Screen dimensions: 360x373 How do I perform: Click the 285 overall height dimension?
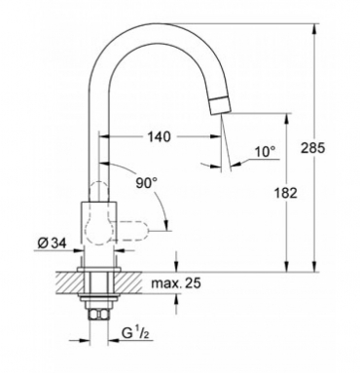[312, 148]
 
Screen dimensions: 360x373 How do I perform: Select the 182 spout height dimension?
[285, 193]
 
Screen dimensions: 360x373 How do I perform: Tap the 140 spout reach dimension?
[159, 136]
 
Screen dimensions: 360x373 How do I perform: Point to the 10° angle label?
[265, 152]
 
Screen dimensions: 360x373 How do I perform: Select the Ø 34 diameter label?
[52, 242]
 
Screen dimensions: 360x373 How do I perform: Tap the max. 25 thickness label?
[176, 283]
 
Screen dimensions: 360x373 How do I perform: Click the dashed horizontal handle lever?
[132, 230]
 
